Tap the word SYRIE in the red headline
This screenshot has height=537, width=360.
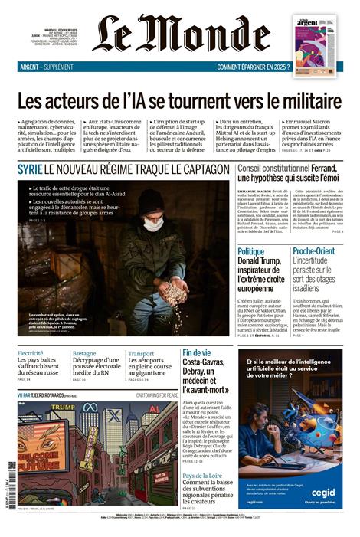30,167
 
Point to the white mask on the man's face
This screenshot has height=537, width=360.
153,224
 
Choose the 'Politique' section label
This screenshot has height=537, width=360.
250,251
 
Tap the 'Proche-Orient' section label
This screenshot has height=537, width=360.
313,251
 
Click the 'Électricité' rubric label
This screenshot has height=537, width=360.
30,353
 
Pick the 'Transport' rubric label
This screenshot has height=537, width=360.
141,353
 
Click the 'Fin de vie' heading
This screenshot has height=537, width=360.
197,353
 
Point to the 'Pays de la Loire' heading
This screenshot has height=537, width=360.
205,476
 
